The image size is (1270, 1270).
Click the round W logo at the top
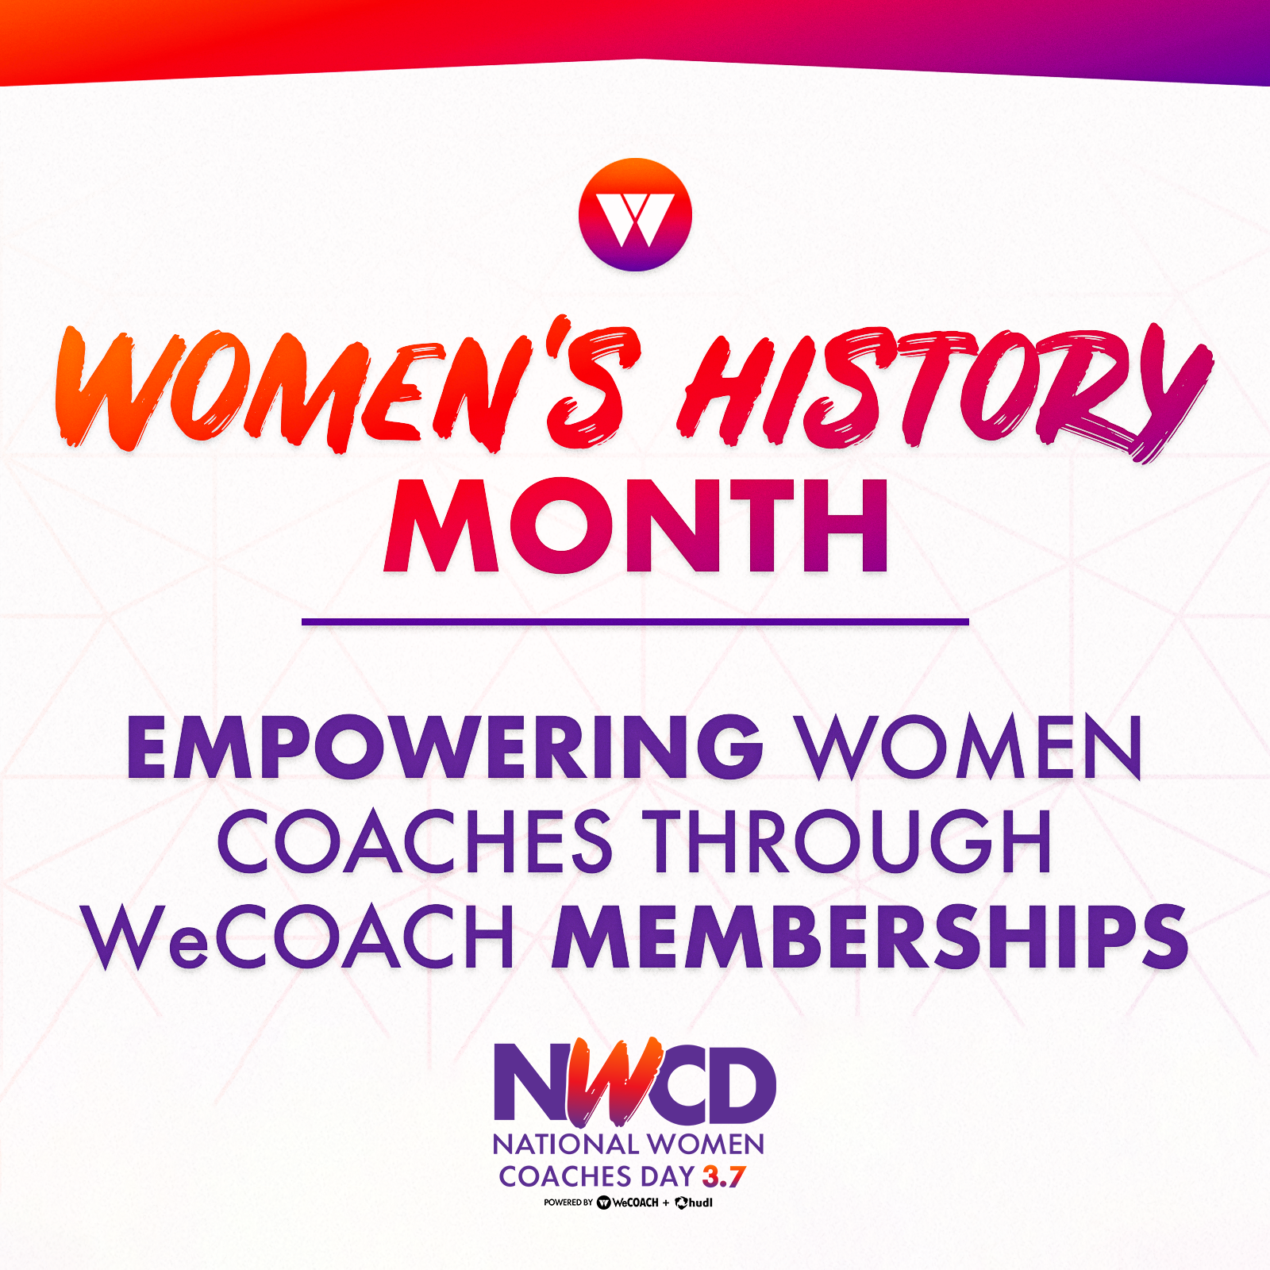pos(635,215)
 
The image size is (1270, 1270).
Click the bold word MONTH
pos(636,525)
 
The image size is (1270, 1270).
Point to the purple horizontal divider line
pos(635,622)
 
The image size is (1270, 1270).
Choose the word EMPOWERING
pos(444,747)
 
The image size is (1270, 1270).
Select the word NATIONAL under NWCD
pos(566,1145)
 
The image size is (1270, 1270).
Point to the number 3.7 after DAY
pos(724,1176)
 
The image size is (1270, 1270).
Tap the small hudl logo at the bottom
pos(694,1203)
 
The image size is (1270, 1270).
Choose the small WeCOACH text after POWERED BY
pos(627,1203)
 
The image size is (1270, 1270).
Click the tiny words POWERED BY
pos(568,1203)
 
